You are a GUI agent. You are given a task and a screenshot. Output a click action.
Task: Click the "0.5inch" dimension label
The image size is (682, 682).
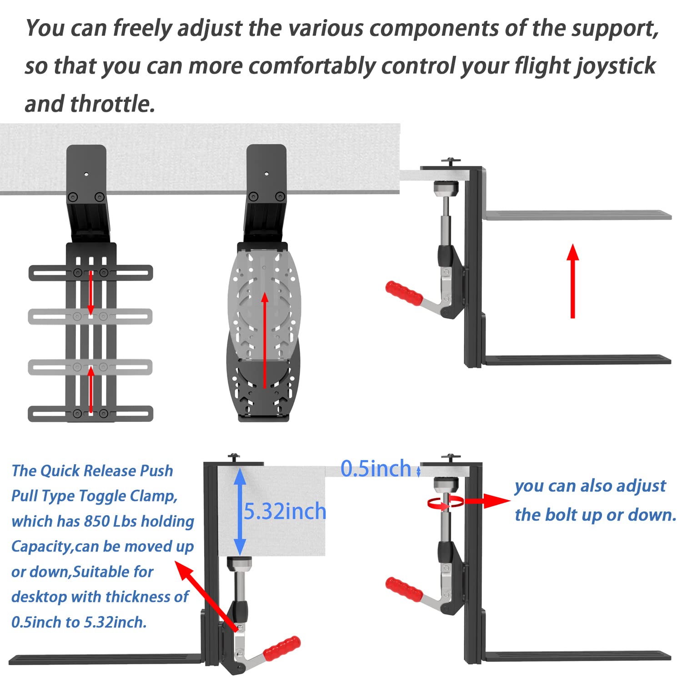(376, 469)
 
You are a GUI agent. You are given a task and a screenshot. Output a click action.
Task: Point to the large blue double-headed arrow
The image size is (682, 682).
(240, 512)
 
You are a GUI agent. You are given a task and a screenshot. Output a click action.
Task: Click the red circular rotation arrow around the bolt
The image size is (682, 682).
(445, 502)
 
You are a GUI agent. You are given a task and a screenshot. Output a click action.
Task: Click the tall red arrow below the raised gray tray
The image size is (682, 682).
(573, 281)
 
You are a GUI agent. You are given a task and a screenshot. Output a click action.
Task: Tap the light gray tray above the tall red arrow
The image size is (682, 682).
(577, 216)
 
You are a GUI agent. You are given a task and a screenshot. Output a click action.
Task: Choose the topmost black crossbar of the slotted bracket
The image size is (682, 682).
(91, 273)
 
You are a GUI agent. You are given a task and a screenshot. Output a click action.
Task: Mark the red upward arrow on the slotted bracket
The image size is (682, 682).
(91, 390)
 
